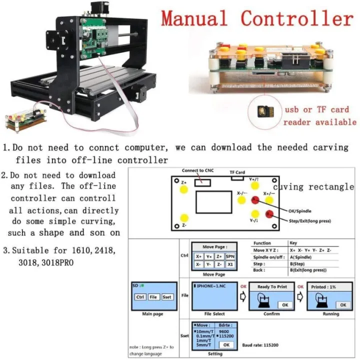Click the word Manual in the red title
pos(195,19)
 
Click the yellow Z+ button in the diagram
pos(184,190)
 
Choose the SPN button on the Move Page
pos(229,256)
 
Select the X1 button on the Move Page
pos(229,264)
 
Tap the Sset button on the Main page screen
pos(167,296)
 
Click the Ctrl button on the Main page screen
pos(140,296)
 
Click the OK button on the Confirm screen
pos(284,304)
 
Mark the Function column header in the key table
pos(262,242)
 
